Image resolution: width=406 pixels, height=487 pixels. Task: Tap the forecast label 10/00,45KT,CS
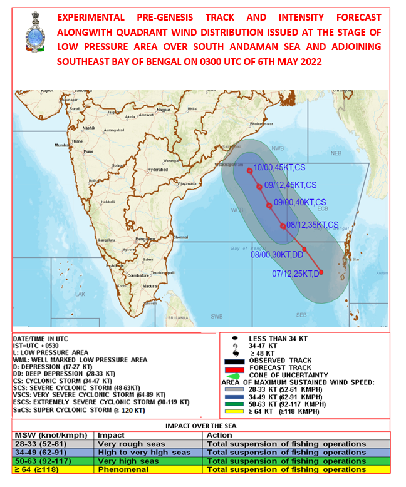(276, 167)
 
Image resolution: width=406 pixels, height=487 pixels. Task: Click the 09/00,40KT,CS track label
(298, 203)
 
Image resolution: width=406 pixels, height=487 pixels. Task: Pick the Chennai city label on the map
(180, 237)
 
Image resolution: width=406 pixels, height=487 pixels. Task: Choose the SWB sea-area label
(217, 316)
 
